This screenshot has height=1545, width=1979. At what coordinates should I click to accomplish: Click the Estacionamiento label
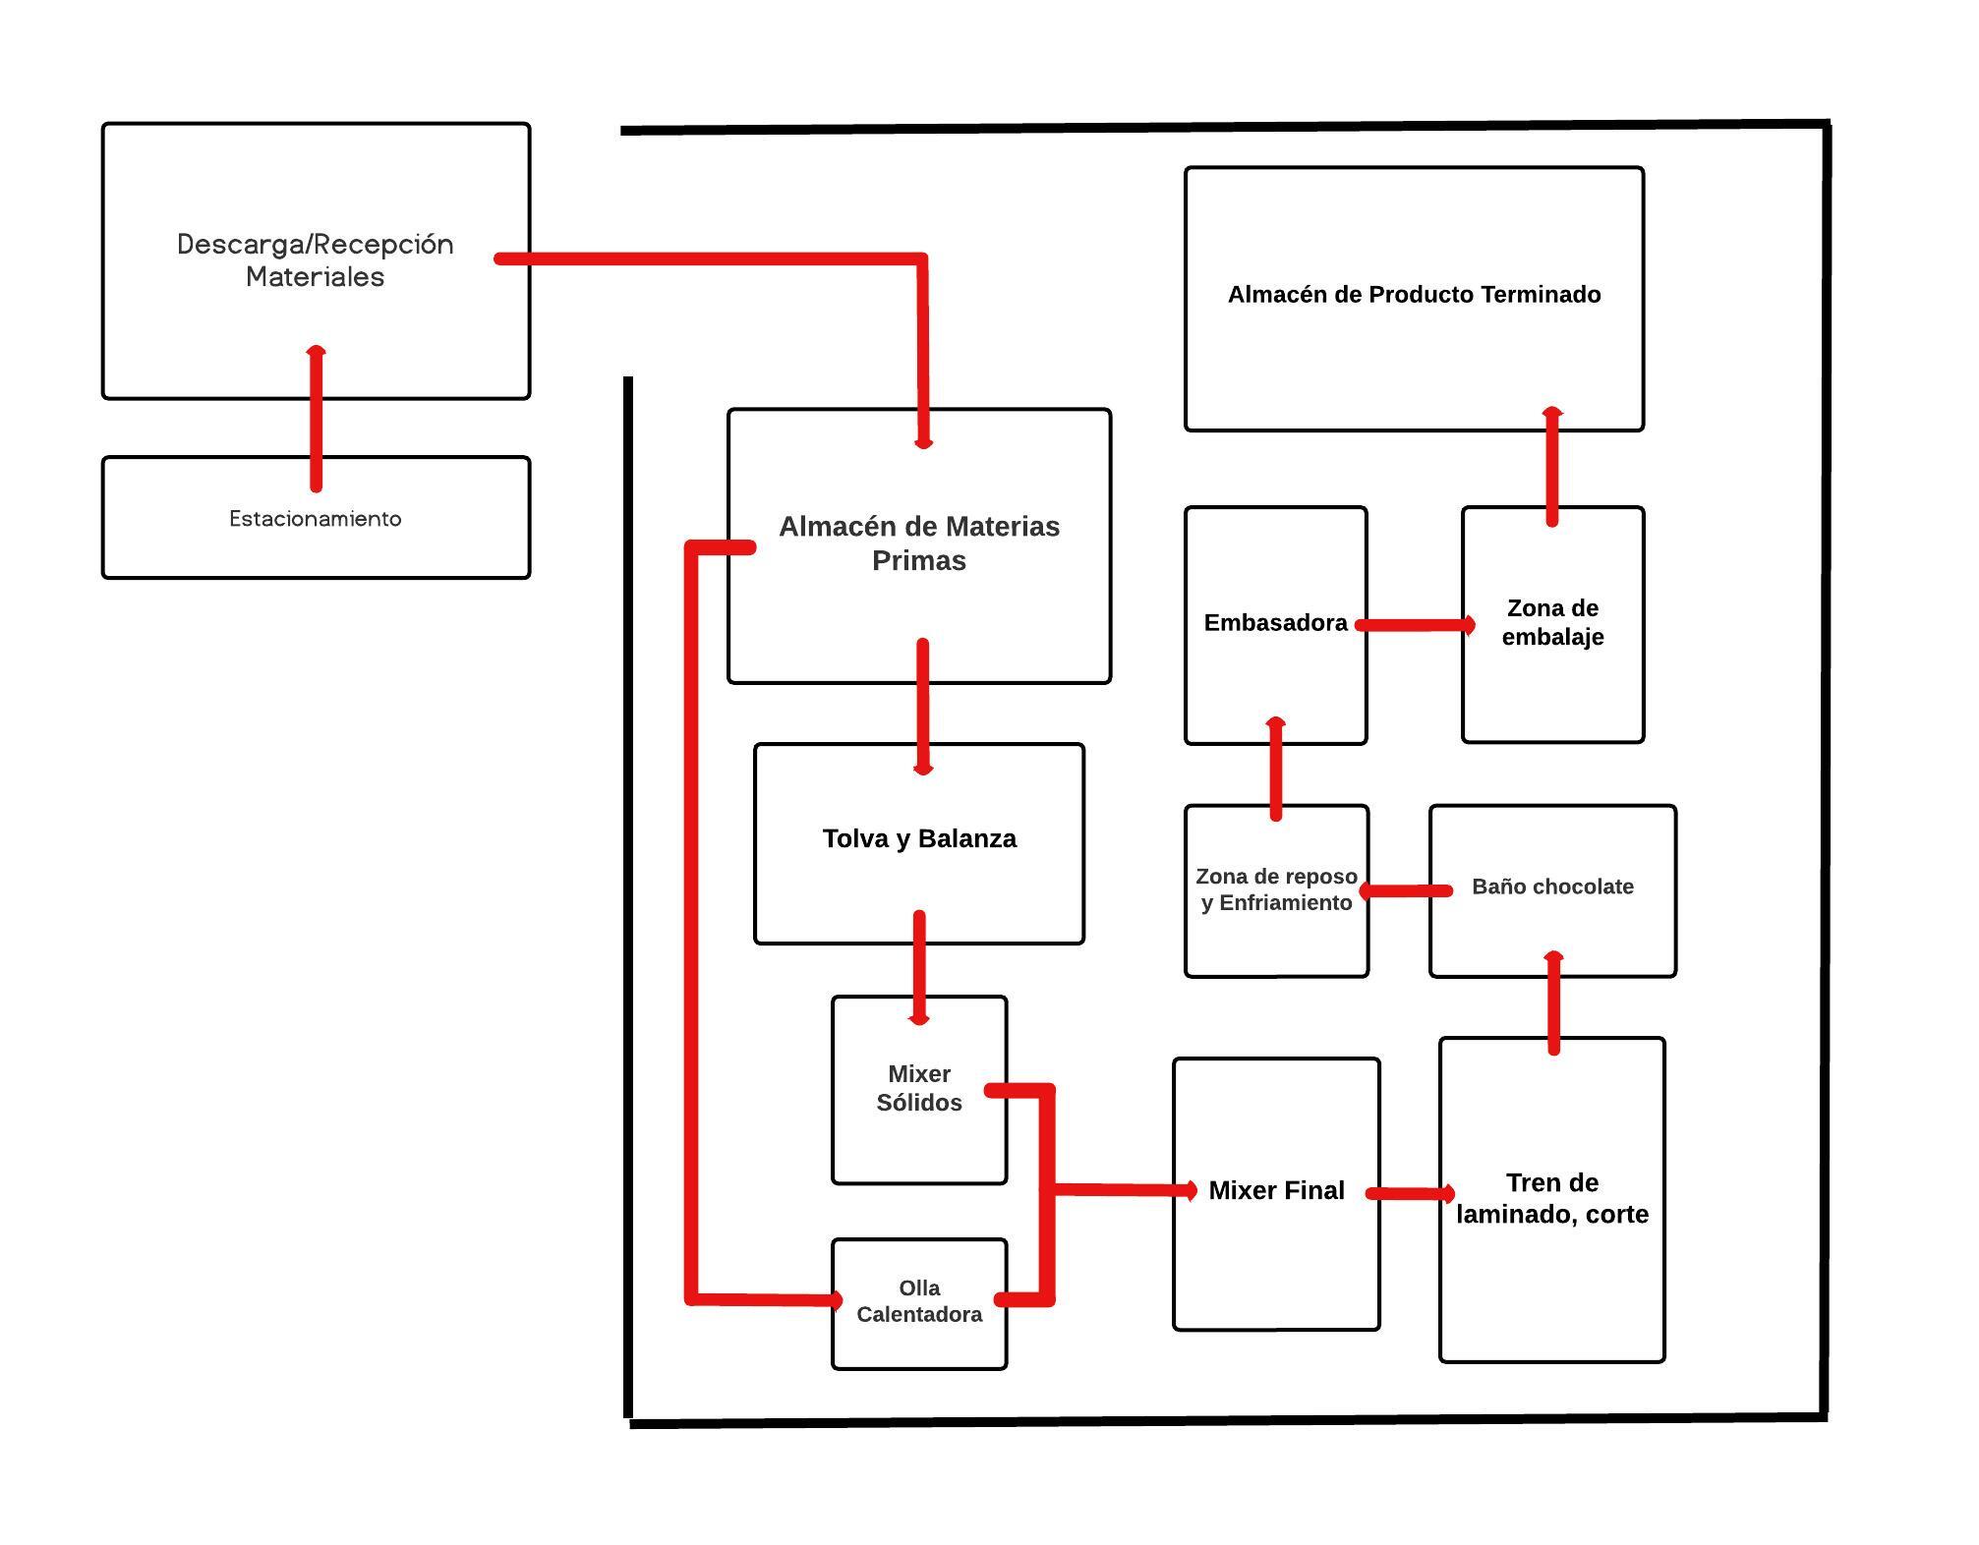pyautogui.click(x=316, y=519)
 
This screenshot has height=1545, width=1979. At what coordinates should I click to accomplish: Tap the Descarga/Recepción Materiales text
pyautogui.click(x=316, y=259)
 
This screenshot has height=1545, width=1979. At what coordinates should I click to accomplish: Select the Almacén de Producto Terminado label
pyautogui.click(x=1414, y=294)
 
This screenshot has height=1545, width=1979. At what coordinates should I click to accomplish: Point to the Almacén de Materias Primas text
pyautogui.click(x=919, y=544)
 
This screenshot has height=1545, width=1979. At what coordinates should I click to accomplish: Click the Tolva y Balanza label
pyautogui.click(x=919, y=838)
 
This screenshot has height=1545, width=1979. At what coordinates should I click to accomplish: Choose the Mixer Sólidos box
pyautogui.click(x=919, y=1090)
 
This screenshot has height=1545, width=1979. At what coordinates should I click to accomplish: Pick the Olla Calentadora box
pyautogui.click(x=919, y=1303)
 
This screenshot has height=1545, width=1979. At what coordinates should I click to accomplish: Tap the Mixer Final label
pyautogui.click(x=1276, y=1190)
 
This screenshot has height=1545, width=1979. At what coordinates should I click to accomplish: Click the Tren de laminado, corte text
pyautogui.click(x=1552, y=1198)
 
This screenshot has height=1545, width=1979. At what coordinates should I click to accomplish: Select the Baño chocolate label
pyautogui.click(x=1552, y=887)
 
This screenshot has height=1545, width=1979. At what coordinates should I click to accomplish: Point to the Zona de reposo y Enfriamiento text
pyautogui.click(x=1276, y=889)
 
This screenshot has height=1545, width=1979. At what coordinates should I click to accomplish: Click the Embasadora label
pyautogui.click(x=1275, y=622)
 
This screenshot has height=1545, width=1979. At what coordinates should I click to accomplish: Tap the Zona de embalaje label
pyautogui.click(x=1552, y=622)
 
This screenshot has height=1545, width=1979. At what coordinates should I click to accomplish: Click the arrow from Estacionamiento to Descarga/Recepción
pyautogui.click(x=316, y=418)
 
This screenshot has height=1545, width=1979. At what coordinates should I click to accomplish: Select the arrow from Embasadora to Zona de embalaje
pyautogui.click(x=1415, y=624)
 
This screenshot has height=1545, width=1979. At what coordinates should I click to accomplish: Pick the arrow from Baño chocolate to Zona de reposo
pyautogui.click(x=1406, y=891)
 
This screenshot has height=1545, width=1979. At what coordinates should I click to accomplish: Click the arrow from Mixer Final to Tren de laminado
pyautogui.click(x=1411, y=1194)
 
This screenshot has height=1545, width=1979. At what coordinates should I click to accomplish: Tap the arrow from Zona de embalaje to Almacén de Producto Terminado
pyautogui.click(x=1552, y=467)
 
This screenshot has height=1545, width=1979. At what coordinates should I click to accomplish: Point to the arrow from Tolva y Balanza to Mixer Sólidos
pyautogui.click(x=919, y=968)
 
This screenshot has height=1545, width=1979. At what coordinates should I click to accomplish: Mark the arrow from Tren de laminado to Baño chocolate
pyautogui.click(x=1553, y=1002)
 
